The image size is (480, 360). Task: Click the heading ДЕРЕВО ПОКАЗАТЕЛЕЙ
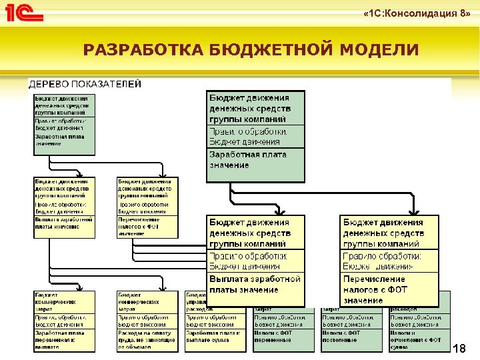pyautogui.click(x=84, y=84)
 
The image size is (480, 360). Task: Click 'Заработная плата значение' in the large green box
pyautogui.click(x=238, y=159)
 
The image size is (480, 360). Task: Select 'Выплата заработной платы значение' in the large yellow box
pyautogui.click(x=255, y=284)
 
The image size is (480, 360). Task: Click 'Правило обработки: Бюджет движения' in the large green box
pyautogui.click(x=248, y=136)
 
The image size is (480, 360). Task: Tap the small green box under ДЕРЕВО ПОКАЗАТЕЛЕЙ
pyautogui.click(x=65, y=124)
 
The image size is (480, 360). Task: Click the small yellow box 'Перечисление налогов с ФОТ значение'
pyautogui.click(x=147, y=226)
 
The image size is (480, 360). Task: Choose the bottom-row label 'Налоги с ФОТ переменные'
pyautogui.click(x=283, y=336)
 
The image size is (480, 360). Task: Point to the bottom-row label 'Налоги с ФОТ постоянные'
pyautogui.click(x=350, y=336)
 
